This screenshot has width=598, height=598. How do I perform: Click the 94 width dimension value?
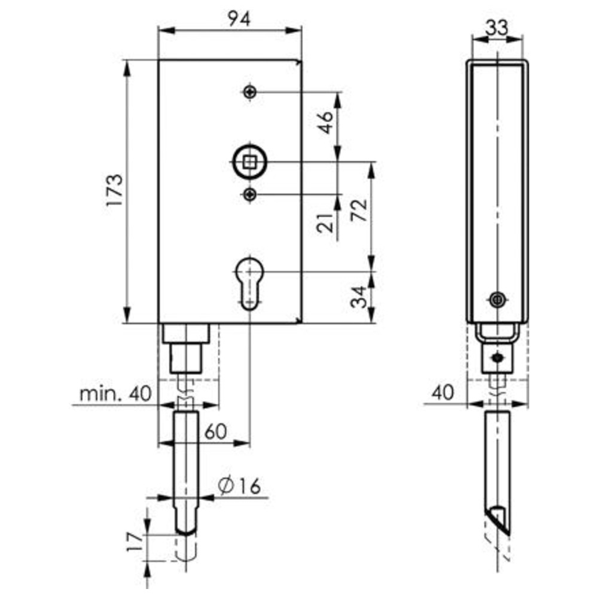[x=239, y=19]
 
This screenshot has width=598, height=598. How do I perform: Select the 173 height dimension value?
[x=115, y=190]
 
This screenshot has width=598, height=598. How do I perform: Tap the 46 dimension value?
[x=325, y=122]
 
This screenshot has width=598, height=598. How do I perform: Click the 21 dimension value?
[x=325, y=223]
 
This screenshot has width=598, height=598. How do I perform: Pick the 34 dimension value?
[x=359, y=297]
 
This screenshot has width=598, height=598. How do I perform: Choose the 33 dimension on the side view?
[x=498, y=27]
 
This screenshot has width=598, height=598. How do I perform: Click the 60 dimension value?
[x=215, y=431]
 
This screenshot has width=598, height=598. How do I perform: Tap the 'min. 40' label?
[x=115, y=393]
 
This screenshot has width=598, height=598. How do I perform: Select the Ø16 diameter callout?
[x=240, y=486]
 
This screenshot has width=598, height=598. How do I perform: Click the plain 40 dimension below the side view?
[x=443, y=392]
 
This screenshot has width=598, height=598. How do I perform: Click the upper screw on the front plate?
[x=250, y=92]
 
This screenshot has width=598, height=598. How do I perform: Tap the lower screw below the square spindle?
[x=250, y=195]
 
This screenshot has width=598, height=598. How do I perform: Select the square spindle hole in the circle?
[x=250, y=163]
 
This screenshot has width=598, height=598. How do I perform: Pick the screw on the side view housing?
[x=498, y=300]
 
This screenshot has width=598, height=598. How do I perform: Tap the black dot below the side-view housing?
[x=498, y=358]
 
